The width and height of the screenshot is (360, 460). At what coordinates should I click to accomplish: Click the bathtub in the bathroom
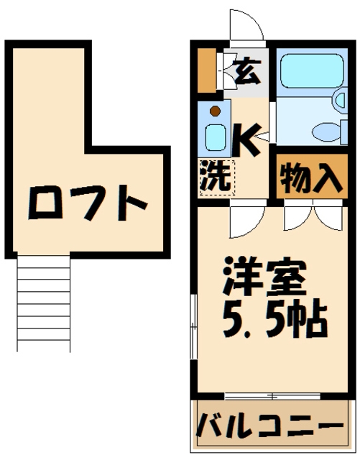(x=310, y=73)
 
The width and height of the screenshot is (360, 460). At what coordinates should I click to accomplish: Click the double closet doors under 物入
(x=310, y=215)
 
